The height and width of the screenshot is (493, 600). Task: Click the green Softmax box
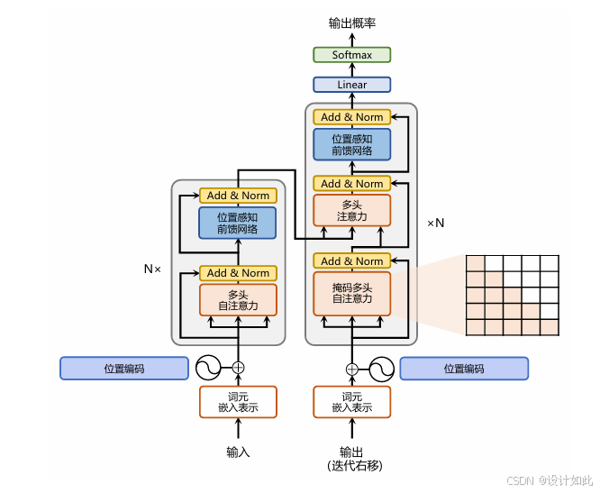(351, 55)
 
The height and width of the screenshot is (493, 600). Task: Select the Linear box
(351, 85)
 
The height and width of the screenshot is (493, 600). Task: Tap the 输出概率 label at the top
(352, 23)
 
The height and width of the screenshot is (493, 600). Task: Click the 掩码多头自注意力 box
(352, 294)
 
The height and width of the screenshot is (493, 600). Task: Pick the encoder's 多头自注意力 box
(238, 300)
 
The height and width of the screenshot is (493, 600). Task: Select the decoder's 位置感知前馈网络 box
(352, 144)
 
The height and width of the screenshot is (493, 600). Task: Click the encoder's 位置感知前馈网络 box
(238, 223)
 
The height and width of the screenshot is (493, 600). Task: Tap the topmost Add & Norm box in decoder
(352, 117)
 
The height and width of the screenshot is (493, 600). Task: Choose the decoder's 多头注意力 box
(352, 211)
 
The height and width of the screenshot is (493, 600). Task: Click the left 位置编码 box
(124, 369)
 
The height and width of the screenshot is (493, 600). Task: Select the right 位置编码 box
(464, 369)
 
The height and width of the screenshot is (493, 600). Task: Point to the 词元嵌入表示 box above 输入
(238, 402)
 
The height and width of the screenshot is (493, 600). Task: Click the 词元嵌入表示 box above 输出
(352, 402)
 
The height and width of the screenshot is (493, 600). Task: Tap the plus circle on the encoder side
(238, 368)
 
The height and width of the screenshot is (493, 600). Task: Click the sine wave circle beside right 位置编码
(381, 369)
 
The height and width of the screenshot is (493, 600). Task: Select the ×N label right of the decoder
(435, 224)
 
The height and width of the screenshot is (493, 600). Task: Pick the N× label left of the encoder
(152, 269)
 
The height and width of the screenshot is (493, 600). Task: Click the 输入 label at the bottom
(238, 452)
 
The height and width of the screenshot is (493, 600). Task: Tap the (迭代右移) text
(355, 465)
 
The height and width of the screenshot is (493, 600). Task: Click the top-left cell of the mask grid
(476, 264)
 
